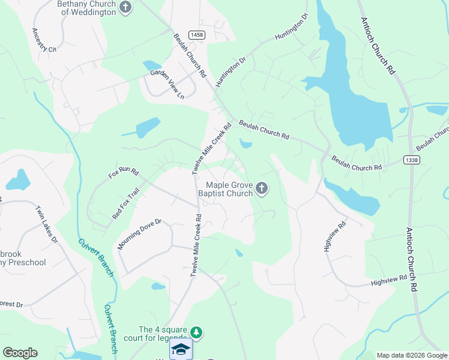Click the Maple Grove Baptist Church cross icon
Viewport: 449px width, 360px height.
coord(261,189)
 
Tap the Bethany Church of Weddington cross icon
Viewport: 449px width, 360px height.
coord(125,7)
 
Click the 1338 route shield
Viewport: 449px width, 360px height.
coord(412,160)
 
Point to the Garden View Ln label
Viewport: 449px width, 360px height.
coord(167,85)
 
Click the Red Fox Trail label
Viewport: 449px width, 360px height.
coord(125,203)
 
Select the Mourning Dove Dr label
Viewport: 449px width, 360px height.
coord(140,234)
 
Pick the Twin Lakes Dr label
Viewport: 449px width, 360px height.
coord(46,224)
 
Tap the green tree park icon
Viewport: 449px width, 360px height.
coord(196,332)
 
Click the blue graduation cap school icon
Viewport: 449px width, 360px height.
coord(181,349)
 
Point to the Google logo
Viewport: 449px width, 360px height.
coord(20,353)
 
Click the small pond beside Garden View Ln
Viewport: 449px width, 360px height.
coord(148,65)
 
